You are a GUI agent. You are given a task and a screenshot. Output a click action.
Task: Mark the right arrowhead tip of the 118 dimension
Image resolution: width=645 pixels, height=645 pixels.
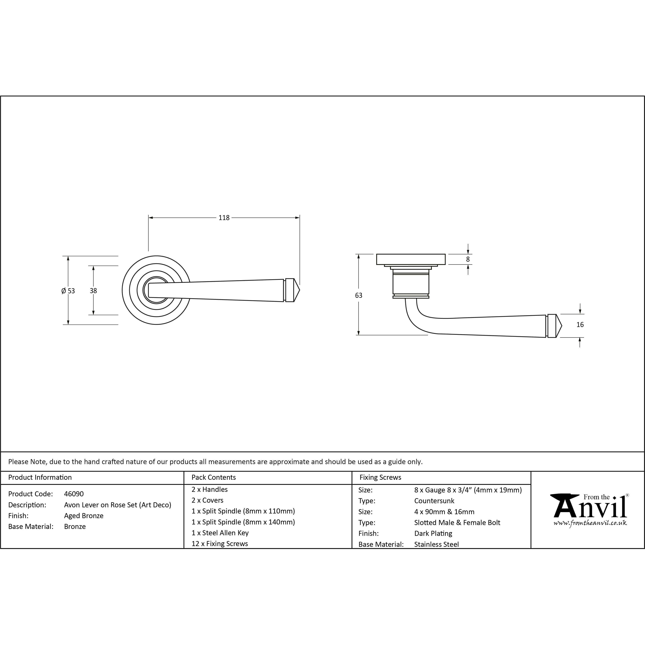click(299, 218)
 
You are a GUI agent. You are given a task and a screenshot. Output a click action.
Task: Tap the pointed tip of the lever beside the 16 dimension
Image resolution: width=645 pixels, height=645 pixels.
click(562, 325)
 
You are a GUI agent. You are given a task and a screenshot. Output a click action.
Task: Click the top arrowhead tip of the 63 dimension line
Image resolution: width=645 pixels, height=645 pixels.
click(359, 254)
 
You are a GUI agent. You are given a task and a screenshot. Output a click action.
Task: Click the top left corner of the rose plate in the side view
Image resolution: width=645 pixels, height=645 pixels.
click(377, 254)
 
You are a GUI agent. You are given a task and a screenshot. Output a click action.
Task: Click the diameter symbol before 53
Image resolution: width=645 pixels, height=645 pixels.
click(63, 291)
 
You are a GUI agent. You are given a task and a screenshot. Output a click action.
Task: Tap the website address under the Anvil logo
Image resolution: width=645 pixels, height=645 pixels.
click(590, 523)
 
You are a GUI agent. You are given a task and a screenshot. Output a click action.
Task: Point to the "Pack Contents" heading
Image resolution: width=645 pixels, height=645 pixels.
click(214, 477)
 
